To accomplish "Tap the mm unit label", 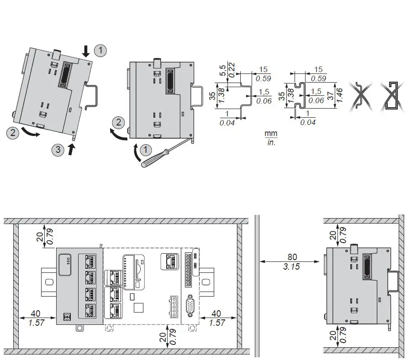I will pyautogui.click(x=271, y=134).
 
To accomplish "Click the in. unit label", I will pyautogui.click(x=271, y=142).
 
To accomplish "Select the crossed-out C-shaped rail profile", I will pyautogui.click(x=393, y=97).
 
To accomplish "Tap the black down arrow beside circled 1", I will pyautogui.click(x=86, y=51).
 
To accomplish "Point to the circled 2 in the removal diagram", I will pyautogui.click(x=119, y=122).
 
